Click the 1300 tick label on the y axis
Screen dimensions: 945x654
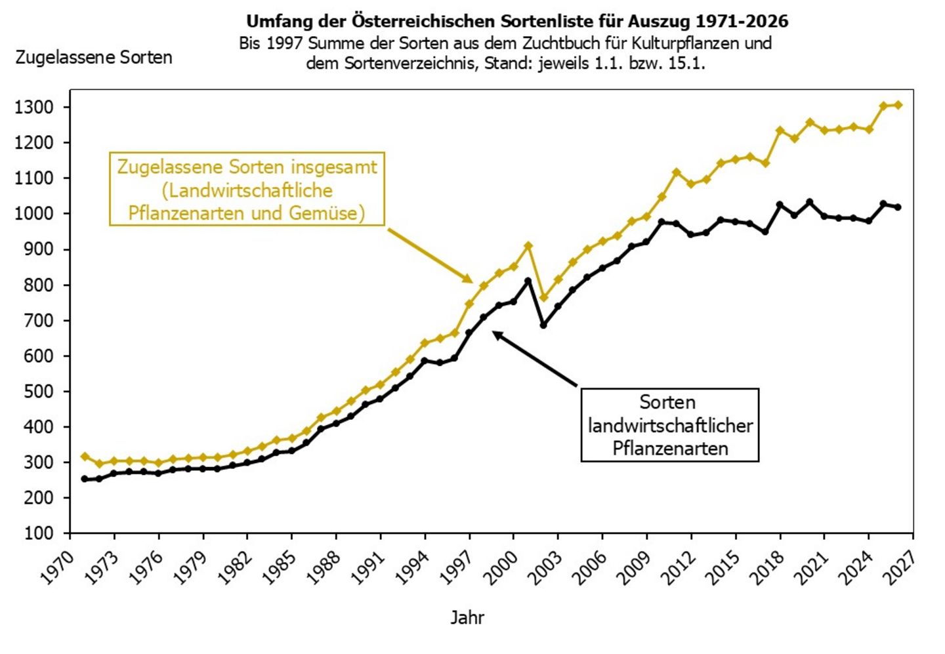34,108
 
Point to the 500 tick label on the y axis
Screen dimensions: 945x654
39,392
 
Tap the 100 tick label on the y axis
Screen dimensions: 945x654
39,534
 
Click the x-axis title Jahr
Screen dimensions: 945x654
467,618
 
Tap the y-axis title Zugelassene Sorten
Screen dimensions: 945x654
94,58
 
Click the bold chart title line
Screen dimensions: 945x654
517,21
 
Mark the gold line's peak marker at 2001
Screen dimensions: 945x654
528,246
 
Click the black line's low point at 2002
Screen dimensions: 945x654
543,325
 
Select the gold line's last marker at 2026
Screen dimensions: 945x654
898,105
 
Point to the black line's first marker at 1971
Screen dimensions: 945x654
85,479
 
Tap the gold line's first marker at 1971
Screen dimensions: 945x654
85,457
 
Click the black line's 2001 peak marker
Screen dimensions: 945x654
528,280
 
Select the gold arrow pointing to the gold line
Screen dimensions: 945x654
430,256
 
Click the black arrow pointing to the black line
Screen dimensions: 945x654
534,358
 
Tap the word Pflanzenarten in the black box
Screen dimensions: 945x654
670,449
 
